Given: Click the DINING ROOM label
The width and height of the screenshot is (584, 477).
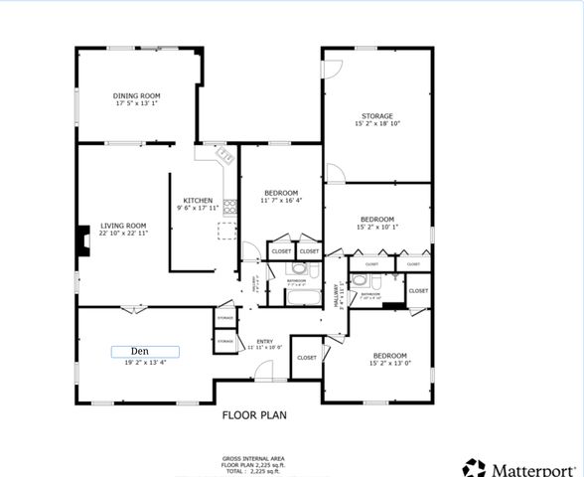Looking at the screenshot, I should tap(136, 95).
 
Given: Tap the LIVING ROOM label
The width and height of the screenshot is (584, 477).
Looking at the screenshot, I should tap(123, 226).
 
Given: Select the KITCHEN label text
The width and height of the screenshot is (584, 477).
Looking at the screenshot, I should tap(198, 201).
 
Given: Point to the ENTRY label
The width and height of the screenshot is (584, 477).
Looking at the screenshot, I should tap(265, 341).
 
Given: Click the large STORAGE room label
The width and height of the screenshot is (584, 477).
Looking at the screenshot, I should tap(376, 116).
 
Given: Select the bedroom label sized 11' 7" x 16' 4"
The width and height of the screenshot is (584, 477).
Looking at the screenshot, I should tap(280, 192).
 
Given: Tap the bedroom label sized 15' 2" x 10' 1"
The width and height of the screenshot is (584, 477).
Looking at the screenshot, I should tap(376, 219).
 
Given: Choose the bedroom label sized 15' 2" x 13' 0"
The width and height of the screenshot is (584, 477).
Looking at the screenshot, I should tap(389, 356).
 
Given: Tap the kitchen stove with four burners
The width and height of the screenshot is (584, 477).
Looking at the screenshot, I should tap(230, 207).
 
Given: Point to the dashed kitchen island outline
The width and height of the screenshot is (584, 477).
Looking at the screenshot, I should tap(227, 232).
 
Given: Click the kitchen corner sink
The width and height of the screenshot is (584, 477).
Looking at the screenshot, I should tap(222, 155).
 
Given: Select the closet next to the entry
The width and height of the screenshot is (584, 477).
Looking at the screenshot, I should tap(306, 357).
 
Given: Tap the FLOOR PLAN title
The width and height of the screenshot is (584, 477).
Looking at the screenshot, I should tap(257, 416).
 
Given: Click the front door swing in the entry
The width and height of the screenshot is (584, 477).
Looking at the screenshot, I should tap(264, 370).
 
